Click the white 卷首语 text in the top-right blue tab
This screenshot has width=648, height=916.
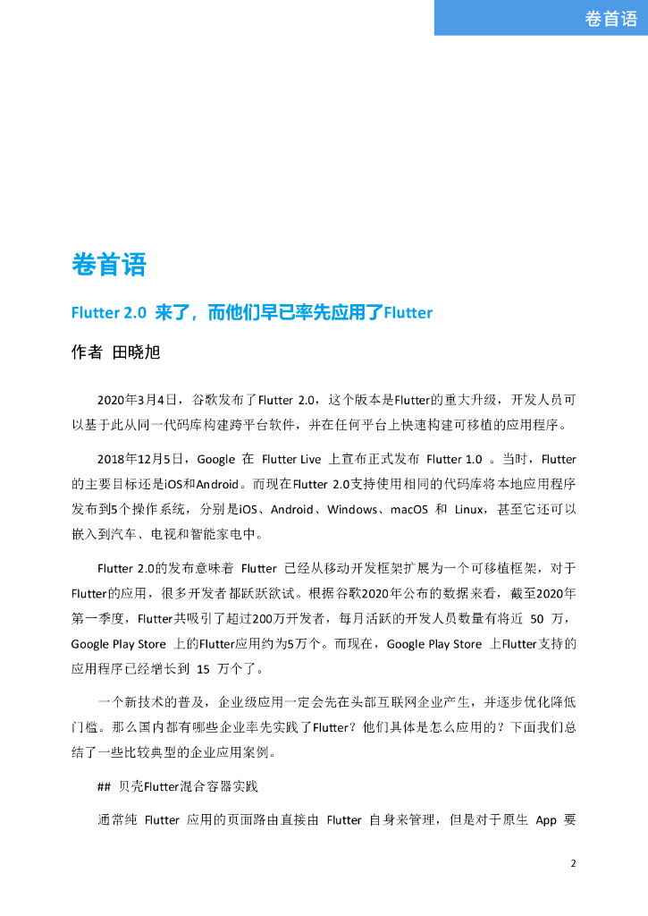point(610,19)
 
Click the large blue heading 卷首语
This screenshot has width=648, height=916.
point(108,265)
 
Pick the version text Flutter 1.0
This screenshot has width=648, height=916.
point(455,459)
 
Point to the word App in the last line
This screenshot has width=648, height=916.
point(546,819)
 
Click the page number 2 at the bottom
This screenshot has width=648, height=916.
point(574,864)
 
